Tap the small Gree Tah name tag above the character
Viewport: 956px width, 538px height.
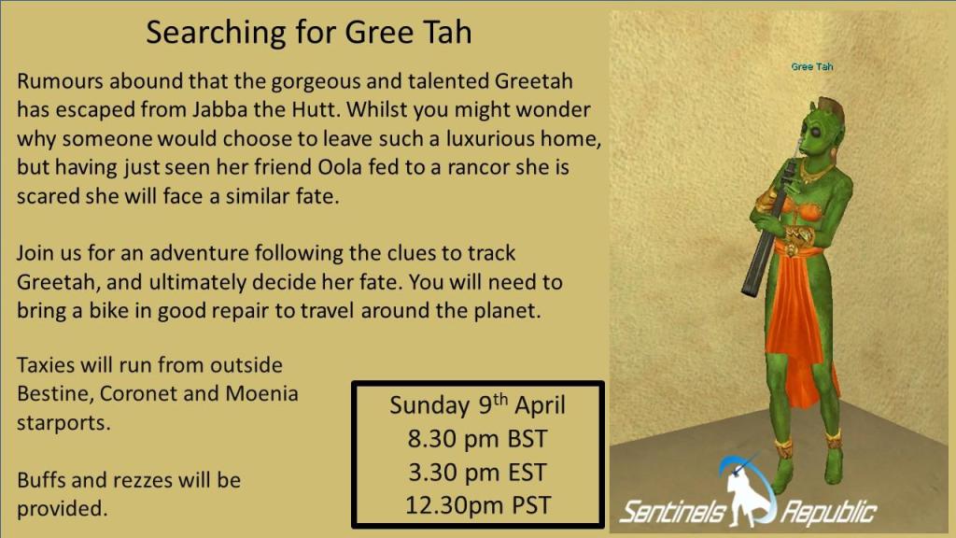click(x=811, y=66)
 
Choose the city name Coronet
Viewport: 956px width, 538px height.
click(x=138, y=393)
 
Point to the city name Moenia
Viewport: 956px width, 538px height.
click(x=261, y=393)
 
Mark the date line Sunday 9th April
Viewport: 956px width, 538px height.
click(x=477, y=405)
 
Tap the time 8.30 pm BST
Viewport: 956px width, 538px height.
click(x=477, y=439)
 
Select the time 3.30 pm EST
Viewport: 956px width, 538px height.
click(x=477, y=472)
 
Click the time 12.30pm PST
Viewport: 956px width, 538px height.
click(x=478, y=505)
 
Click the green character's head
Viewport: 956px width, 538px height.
click(x=821, y=129)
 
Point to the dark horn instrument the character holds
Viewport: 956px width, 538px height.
click(x=767, y=229)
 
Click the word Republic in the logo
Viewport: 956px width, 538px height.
click(x=829, y=513)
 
